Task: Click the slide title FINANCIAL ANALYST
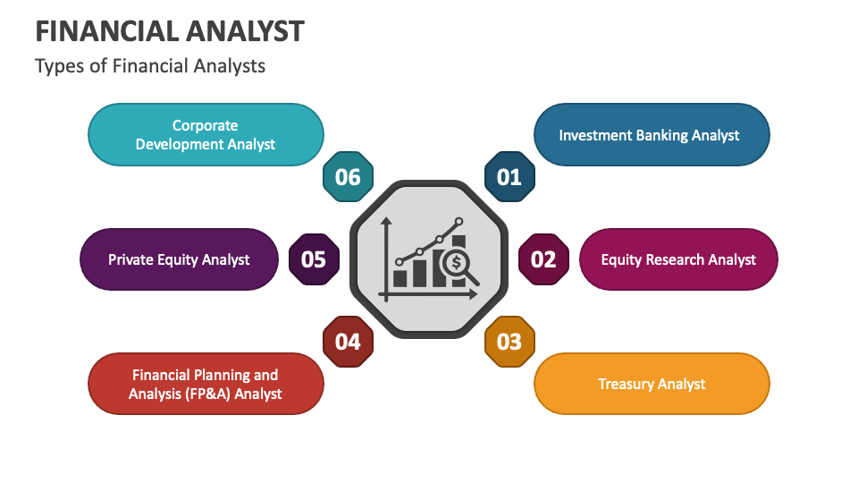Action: point(169,31)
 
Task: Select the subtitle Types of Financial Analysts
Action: point(150,66)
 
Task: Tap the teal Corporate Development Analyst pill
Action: point(206,135)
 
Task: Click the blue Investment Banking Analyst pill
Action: point(651,135)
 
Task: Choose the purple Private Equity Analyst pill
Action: point(179,259)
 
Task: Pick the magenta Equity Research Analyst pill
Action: point(678,259)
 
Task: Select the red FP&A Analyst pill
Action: point(206,384)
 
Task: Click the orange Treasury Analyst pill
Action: point(652,384)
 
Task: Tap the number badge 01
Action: point(509,177)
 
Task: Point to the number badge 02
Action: point(543,259)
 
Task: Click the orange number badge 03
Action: point(509,342)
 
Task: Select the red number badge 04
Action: point(348,342)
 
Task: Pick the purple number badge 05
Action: point(314,259)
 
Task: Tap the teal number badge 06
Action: point(348,177)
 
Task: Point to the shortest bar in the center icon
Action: point(400,278)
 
